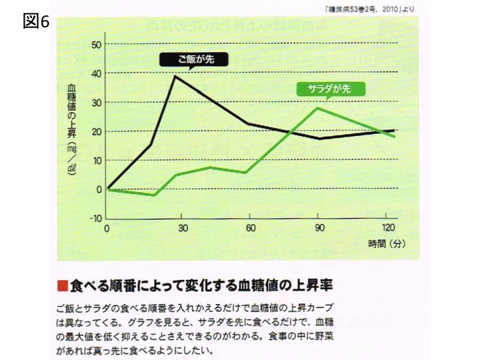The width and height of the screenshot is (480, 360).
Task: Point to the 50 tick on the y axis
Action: tap(97, 45)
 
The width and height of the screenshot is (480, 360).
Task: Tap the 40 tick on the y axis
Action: tap(97, 73)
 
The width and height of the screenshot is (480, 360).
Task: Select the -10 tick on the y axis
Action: tap(95, 218)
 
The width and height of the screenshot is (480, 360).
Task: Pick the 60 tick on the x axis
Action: tap(249, 228)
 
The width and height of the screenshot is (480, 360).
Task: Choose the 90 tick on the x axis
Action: tap(320, 228)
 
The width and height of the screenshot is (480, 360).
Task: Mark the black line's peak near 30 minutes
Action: tap(175, 76)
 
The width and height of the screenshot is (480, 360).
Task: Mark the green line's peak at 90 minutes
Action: tap(319, 108)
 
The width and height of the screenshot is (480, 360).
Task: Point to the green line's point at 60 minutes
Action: tap(247, 173)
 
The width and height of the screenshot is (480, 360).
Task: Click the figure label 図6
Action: tap(36, 21)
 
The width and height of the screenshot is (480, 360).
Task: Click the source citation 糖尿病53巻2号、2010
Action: tap(360, 8)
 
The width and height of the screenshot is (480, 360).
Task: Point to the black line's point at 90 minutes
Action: tap(320, 139)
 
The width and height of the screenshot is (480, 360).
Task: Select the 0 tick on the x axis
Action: tap(107, 228)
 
